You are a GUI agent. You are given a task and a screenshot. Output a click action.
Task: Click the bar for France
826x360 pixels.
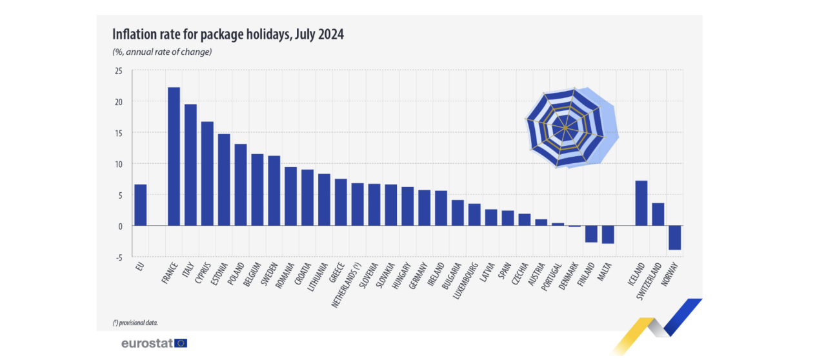[174, 156]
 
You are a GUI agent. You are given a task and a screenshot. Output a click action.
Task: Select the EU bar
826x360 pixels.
[140, 205]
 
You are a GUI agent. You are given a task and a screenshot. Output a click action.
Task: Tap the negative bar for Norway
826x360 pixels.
[674, 237]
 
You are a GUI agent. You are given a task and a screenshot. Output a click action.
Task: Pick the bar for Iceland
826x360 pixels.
[641, 203]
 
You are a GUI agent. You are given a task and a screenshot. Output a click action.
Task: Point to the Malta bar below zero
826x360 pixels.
[608, 234]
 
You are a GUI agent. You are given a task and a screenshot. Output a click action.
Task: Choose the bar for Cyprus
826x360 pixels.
[207, 174]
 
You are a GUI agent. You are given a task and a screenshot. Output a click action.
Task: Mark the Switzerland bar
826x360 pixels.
[658, 214]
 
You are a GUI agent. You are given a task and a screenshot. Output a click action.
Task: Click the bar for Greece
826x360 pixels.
[341, 202]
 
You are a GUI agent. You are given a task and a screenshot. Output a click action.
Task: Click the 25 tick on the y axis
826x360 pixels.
[118, 70]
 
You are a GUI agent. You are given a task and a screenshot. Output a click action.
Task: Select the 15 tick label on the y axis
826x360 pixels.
[118, 133]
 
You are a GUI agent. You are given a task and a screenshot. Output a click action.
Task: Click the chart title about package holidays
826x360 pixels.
[228, 35]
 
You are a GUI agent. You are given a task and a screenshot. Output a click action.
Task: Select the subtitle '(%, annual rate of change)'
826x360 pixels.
[162, 52]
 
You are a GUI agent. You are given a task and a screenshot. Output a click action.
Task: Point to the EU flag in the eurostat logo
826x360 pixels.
[181, 343]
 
